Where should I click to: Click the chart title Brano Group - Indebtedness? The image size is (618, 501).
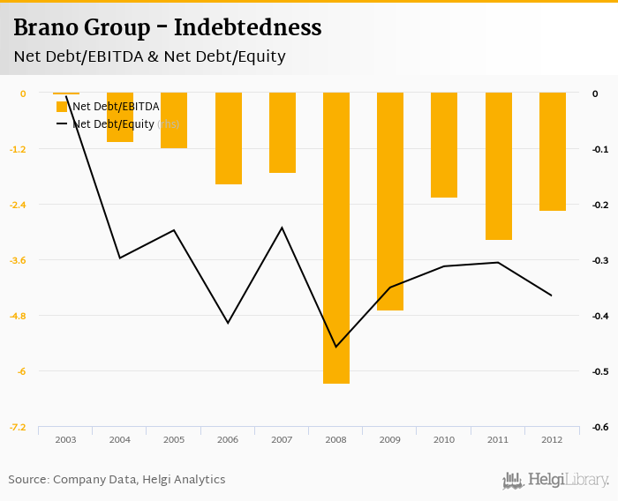(x=167, y=27)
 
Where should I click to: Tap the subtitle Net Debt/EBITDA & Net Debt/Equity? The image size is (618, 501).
(x=149, y=57)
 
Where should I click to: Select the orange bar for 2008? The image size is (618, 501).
(x=336, y=238)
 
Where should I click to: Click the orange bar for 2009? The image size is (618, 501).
(x=390, y=201)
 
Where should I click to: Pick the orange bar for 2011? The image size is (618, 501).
(x=499, y=166)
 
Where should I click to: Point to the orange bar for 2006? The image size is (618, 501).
(x=229, y=138)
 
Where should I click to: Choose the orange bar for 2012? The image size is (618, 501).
(x=553, y=152)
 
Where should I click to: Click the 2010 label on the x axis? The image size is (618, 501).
(x=444, y=439)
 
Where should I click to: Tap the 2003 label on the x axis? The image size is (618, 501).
(x=65, y=439)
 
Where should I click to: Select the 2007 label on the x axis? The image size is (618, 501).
(x=282, y=439)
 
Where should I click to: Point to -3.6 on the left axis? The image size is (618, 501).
(x=18, y=260)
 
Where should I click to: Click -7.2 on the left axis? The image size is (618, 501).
(x=18, y=428)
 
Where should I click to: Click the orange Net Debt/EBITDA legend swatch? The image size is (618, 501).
(x=62, y=107)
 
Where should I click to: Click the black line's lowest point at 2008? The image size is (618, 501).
(x=336, y=347)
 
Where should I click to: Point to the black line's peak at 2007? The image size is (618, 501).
(x=282, y=228)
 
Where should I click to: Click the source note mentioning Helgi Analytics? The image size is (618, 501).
(x=117, y=479)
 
